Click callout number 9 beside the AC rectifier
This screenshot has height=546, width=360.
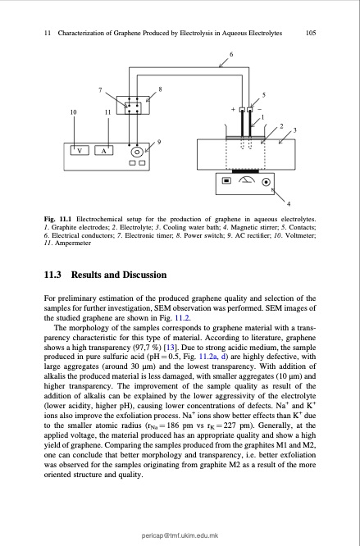click(x=159, y=143)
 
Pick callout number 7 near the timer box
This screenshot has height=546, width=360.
click(x=100, y=89)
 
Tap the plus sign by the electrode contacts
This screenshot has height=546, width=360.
click(x=232, y=109)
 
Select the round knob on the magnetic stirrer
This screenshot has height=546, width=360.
click(x=265, y=183)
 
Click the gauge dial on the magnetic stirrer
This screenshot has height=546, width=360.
click(x=244, y=182)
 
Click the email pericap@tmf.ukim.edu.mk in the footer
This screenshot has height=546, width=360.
click(x=180, y=534)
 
